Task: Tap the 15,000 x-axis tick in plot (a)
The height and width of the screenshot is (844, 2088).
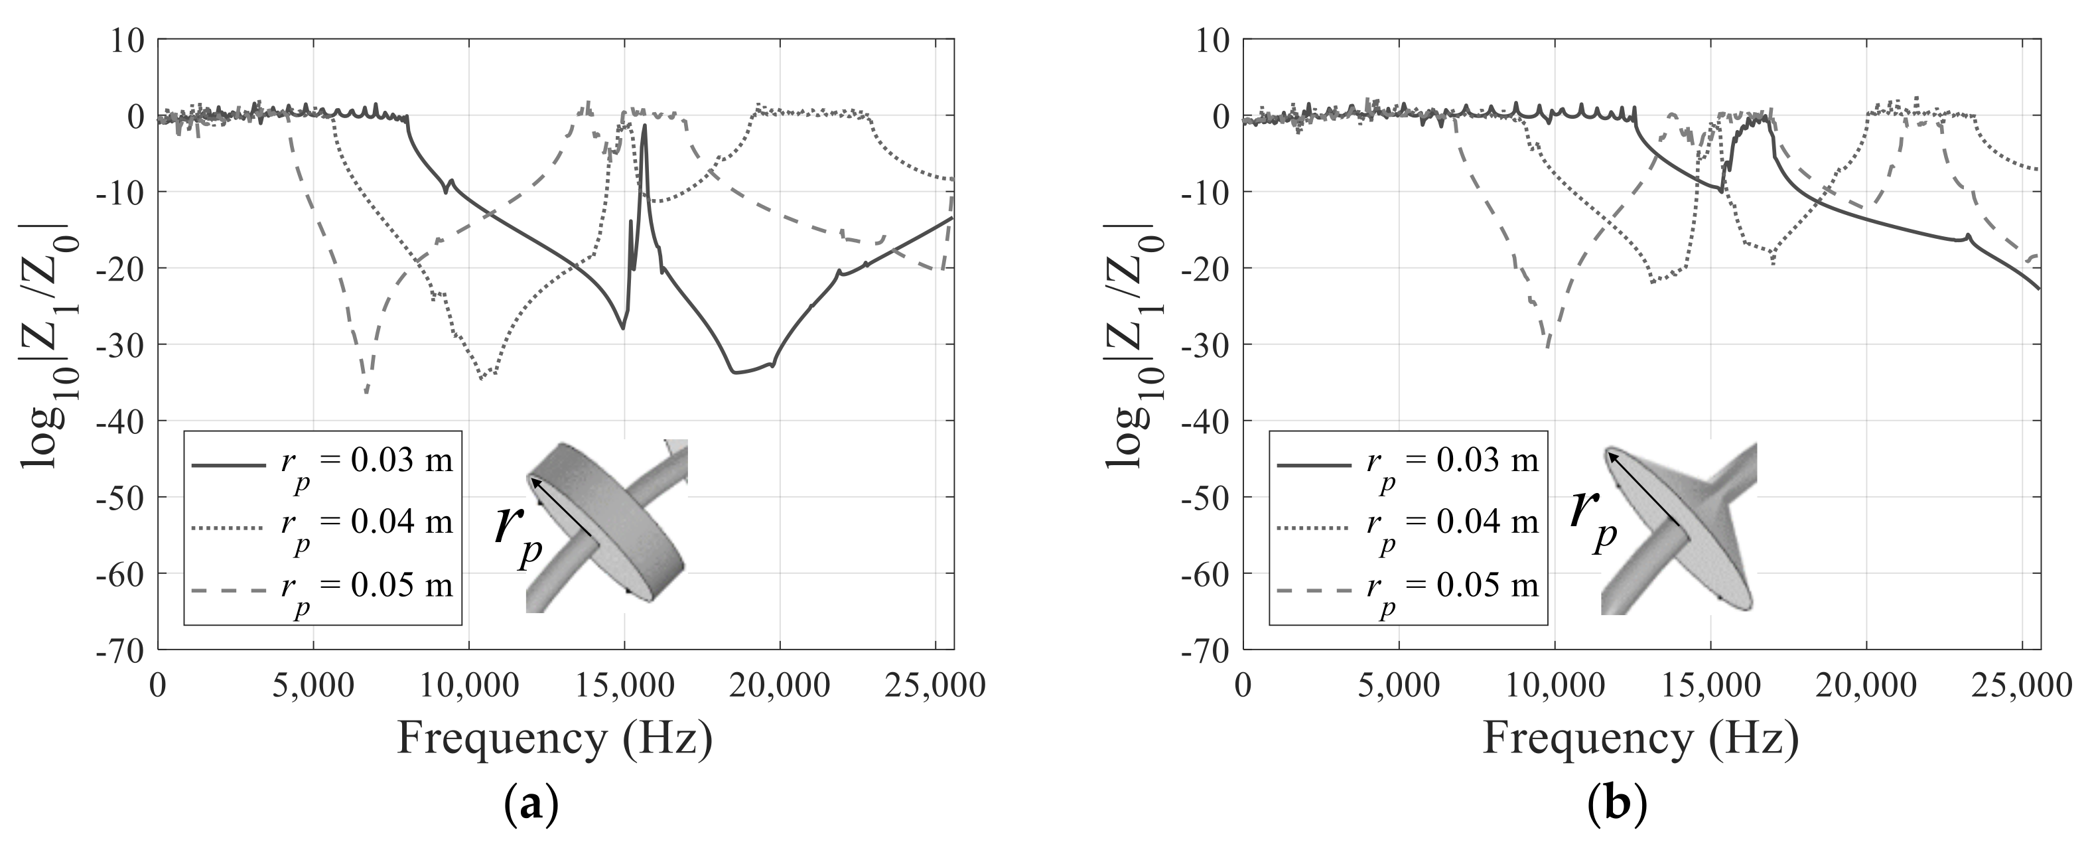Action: pos(625,686)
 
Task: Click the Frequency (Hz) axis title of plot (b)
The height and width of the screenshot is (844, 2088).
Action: pos(1641,738)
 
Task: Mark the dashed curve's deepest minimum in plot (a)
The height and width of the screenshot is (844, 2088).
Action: pos(366,392)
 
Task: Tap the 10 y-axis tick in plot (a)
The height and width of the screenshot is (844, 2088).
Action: pos(127,40)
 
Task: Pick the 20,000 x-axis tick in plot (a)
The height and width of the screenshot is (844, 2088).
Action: pos(780,686)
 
